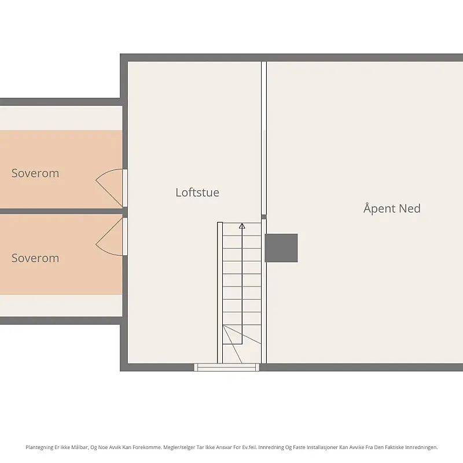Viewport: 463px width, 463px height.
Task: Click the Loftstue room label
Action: click(x=197, y=193)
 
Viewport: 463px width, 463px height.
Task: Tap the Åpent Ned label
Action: click(x=392, y=208)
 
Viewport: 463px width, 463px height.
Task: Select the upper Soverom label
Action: click(x=35, y=173)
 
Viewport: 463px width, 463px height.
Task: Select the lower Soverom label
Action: click(x=35, y=258)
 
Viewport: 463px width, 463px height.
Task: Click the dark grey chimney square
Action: click(x=281, y=248)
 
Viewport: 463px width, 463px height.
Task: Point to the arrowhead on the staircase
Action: click(x=242, y=226)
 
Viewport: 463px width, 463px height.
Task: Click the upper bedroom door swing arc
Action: click(x=102, y=174)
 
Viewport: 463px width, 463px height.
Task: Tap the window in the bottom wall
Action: click(x=226, y=368)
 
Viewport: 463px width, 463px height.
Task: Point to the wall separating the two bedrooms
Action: click(x=61, y=211)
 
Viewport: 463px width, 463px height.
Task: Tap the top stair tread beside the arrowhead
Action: click(x=242, y=229)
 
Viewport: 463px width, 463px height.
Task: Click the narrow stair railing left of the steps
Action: click(x=220, y=293)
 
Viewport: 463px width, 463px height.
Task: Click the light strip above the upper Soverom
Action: click(x=61, y=118)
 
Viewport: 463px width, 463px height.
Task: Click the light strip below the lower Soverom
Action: click(x=61, y=306)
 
